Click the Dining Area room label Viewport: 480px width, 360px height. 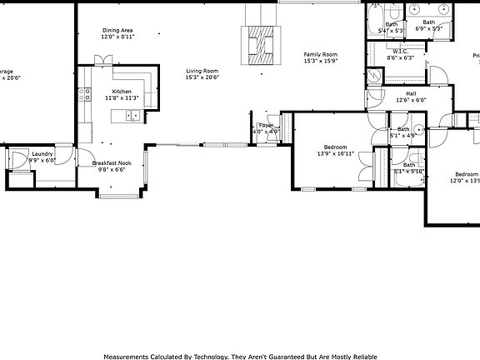click(x=117, y=31)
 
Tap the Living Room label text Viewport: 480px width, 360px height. click(x=202, y=72)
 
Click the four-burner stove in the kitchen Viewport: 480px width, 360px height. click(x=84, y=93)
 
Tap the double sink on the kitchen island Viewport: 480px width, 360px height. click(x=132, y=115)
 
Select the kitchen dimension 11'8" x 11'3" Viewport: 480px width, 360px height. click(x=122, y=98)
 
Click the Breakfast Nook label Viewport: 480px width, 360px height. click(x=112, y=163)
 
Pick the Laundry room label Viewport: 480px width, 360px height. click(x=42, y=154)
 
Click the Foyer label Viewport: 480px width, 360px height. click(x=265, y=125)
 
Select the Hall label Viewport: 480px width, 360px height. click(x=411, y=93)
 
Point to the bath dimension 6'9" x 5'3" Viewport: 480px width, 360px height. click(x=428, y=29)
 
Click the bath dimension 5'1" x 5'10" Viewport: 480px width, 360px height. click(x=408, y=172)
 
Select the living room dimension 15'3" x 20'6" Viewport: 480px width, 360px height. click(x=202, y=78)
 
